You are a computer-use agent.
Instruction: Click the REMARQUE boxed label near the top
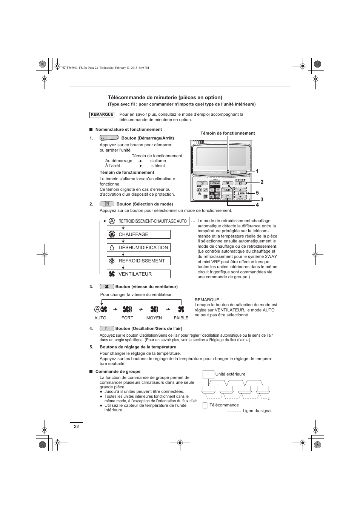[x=102, y=115]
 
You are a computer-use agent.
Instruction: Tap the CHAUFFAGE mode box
[x=138, y=235]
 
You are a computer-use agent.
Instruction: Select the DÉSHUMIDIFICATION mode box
[x=138, y=248]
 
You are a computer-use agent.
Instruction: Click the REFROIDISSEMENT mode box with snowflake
[x=138, y=261]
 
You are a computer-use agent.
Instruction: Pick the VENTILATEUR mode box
[x=138, y=274]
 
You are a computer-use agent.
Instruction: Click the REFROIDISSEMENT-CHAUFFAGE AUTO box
[x=148, y=221]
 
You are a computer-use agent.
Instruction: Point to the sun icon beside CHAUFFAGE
[x=112, y=235]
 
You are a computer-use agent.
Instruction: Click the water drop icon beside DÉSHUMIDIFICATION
[x=112, y=248]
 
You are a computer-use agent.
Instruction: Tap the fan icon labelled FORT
[x=127, y=310]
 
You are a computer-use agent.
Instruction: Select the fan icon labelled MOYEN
[x=154, y=310]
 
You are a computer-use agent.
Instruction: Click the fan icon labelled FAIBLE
[x=181, y=310]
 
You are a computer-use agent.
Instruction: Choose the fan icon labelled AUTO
[x=101, y=310]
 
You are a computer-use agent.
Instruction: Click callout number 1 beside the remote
[x=257, y=171]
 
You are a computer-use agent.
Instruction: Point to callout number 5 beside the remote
[x=257, y=193]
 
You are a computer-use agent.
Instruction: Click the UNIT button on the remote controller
[x=228, y=190]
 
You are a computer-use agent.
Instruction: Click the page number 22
[x=77, y=426]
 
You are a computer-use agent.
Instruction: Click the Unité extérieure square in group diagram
[x=208, y=374]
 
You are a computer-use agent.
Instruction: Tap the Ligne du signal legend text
[x=257, y=411]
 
